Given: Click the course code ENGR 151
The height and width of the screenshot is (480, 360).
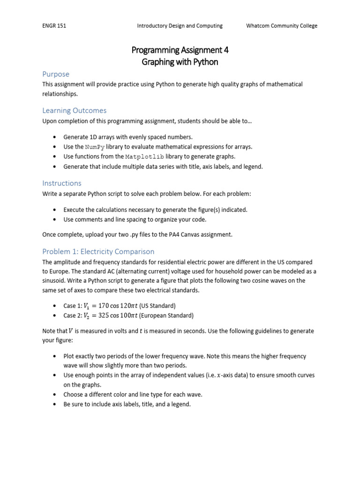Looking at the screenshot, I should coord(54,26).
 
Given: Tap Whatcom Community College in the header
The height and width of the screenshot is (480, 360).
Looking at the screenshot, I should coord(282,26).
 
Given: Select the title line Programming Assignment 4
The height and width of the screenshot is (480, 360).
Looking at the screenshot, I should coord(180,50).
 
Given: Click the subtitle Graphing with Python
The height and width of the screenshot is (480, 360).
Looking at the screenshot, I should coord(180,62).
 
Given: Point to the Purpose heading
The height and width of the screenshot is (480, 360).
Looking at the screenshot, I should coord(56,74).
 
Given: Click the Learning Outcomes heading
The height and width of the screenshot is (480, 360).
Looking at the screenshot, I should coord(74,111).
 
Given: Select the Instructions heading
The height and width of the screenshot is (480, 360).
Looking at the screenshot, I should coord(62,183).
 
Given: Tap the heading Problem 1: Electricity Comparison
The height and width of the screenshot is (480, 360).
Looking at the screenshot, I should coord(98,251).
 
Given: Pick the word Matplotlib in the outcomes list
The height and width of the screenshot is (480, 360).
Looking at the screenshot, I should coord(144,157).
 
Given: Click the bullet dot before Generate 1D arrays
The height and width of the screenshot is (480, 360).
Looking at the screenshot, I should coord(55,137).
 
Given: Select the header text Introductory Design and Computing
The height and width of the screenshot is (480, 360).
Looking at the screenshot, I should coord(180,26).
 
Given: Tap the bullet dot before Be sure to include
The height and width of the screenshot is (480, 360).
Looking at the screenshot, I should coord(55,404).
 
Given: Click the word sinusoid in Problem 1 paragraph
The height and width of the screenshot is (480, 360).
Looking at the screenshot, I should coord(54,281).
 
